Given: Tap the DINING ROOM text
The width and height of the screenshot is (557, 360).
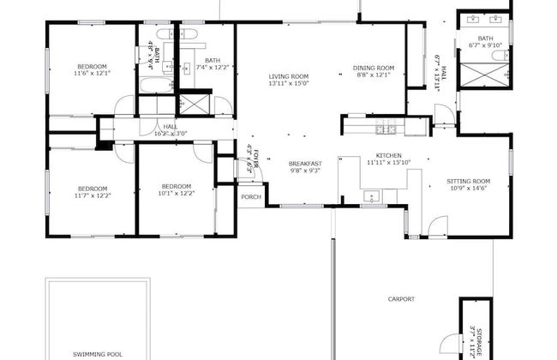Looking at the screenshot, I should click(x=374, y=68).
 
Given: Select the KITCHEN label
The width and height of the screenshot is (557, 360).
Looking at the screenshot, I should click(x=383, y=155).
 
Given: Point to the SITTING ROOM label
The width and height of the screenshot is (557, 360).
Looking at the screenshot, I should click(x=469, y=181).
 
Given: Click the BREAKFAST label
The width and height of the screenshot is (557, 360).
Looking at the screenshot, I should click(x=304, y=164).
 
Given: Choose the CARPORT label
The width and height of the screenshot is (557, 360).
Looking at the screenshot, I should click(x=401, y=299).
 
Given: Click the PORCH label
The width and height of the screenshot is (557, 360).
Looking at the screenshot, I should click(x=251, y=196).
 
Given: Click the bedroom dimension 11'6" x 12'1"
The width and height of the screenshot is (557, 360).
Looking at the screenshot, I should click(x=92, y=74).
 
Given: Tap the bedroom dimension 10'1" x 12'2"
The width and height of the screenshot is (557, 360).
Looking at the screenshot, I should click(x=176, y=194).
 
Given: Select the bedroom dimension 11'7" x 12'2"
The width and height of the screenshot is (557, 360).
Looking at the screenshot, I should click(x=93, y=195).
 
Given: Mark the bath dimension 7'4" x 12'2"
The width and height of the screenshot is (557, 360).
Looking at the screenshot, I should click(x=213, y=67).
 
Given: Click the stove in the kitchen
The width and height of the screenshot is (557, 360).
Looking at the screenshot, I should click(x=386, y=129).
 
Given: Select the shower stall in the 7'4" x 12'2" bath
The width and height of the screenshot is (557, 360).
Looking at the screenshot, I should click(x=195, y=104).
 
